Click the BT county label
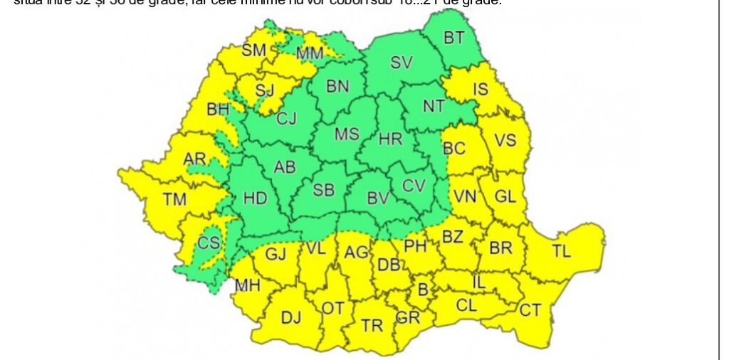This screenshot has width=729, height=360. coord(454,38)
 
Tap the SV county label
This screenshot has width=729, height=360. coord(402,63)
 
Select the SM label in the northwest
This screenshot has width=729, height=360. coord(253,50)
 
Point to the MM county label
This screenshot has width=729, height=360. coord(310,53)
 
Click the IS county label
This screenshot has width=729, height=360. coord(481,89)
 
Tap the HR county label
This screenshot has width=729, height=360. coord(390,139)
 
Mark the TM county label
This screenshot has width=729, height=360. coord(174,199)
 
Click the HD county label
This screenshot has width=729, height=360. coord(255,198)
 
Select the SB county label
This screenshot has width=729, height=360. coord(324,190)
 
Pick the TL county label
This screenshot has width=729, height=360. coord(561,250)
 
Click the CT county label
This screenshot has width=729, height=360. coord(530,309)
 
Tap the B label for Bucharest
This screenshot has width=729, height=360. coord(423,290)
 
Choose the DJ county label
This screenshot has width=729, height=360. coord(291,317)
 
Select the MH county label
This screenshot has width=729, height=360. coord(247,286)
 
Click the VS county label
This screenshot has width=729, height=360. coord(505,140)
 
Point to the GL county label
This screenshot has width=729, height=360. coord(505,196)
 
